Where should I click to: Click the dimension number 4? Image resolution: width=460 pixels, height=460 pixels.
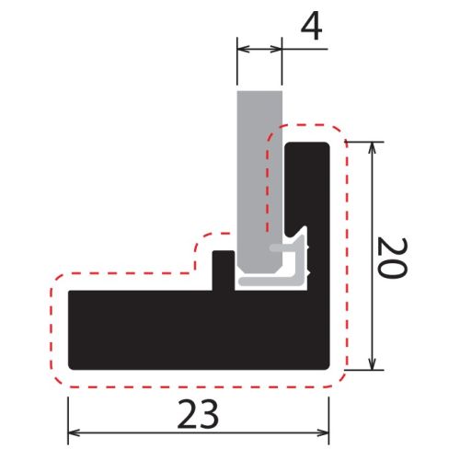click(x=311, y=27)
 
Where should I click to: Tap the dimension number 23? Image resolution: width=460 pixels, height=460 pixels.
click(x=198, y=414)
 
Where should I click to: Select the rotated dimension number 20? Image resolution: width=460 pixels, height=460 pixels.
click(x=392, y=258)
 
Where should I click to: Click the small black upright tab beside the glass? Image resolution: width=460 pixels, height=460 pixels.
click(x=224, y=270)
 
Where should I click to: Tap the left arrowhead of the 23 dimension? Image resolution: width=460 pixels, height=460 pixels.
click(x=75, y=433)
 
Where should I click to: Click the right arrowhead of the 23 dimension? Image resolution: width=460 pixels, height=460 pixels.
click(x=323, y=433)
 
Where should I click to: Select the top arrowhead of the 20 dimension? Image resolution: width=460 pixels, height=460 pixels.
click(x=372, y=148)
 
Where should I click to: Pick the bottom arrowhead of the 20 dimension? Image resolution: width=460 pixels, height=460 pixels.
click(x=372, y=363)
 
